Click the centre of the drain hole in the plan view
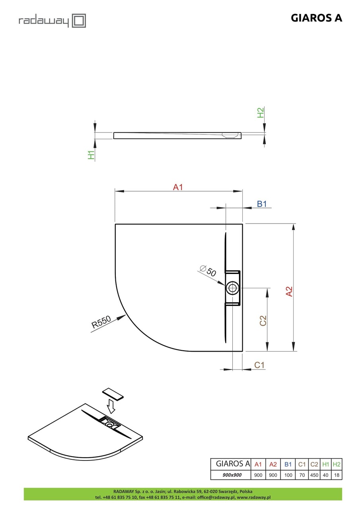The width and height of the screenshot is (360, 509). (232, 288)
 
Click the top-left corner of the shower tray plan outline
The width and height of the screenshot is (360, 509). (115, 224)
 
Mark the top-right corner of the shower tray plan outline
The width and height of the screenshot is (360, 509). (243, 224)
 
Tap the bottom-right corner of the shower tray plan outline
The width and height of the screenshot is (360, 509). (243, 351)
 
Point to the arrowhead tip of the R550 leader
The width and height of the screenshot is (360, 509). (126, 315)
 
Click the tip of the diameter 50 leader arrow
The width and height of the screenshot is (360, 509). (226, 285)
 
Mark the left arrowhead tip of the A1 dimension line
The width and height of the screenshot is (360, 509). (115, 191)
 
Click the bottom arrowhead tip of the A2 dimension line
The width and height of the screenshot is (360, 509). (294, 351)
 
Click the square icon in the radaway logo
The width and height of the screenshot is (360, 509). (79, 21)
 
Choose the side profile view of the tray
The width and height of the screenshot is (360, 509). (177, 135)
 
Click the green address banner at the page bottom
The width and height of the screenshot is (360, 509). (183, 494)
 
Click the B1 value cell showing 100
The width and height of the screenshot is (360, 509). (288, 475)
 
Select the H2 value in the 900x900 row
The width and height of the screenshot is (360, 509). (337, 475)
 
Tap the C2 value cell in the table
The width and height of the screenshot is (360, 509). (314, 475)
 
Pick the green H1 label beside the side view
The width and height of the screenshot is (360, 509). (91, 155)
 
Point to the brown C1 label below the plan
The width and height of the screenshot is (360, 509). (259, 365)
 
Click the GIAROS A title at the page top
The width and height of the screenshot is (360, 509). (316, 18)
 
